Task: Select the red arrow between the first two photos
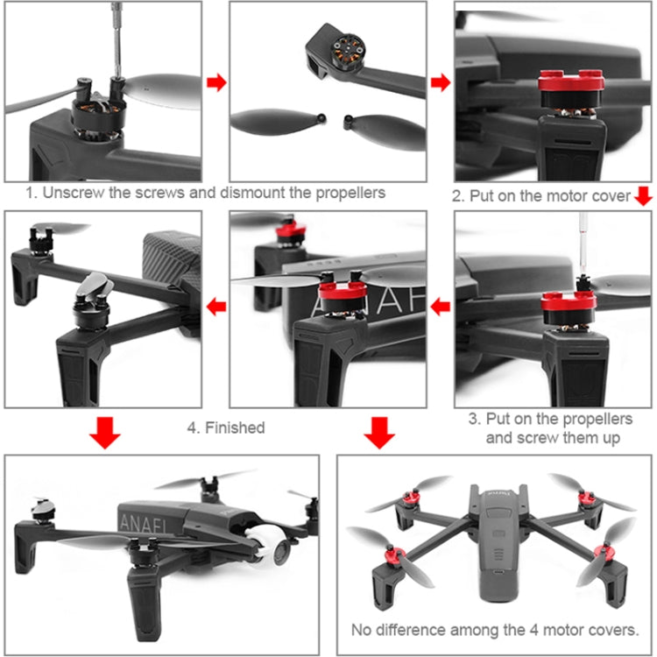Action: click(216, 82)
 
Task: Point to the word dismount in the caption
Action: click(260, 193)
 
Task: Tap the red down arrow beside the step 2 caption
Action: click(643, 196)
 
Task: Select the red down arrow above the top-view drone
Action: click(378, 433)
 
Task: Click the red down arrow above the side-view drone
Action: click(105, 433)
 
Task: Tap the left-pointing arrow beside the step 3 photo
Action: click(440, 307)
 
